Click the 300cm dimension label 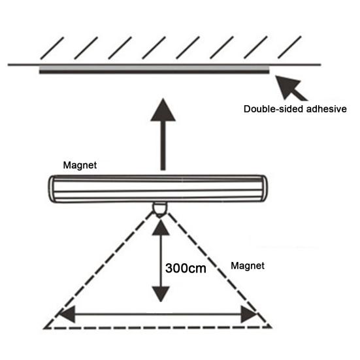pos(186,268)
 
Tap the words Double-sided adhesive pos(295,109)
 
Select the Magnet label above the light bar pos(80,165)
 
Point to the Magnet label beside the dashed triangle pos(248,266)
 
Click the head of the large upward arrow pos(163,110)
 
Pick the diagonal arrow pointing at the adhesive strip pos(291,88)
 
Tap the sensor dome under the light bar pos(160,209)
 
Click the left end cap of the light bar pos(52,189)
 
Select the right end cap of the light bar pos(264,188)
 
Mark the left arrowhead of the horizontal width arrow pos(67,314)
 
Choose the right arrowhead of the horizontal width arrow pos(249,314)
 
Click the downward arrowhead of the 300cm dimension pos(161,294)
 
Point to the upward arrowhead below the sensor pos(161,227)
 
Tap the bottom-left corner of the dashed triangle pos(44,329)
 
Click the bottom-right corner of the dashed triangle pos(272,327)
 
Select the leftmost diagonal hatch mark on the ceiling pos(52,48)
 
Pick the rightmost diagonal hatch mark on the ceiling pos(289,47)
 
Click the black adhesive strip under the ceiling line pos(154,72)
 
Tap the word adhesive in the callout pos(327,109)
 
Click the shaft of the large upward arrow pos(163,146)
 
